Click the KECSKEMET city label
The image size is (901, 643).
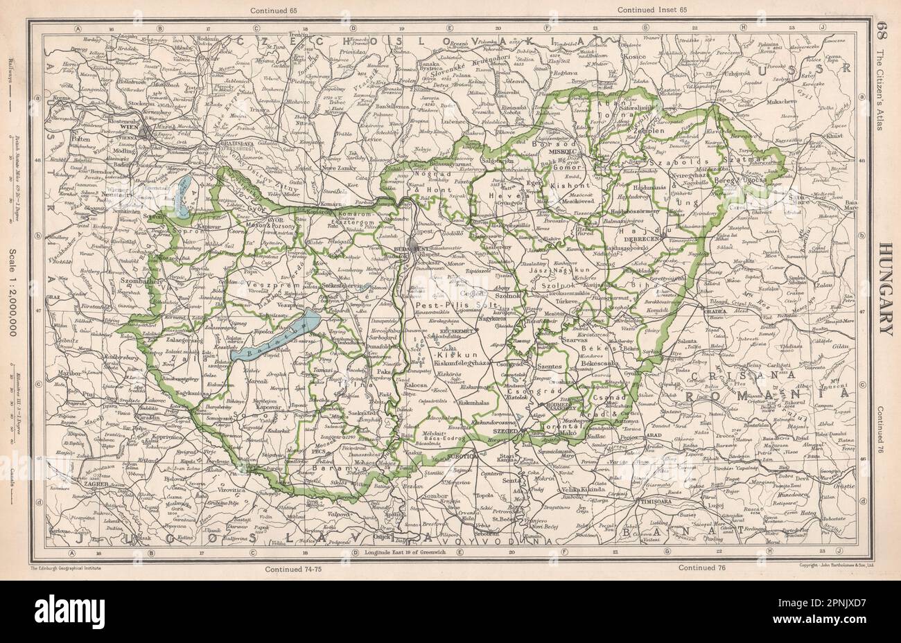(457, 332)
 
